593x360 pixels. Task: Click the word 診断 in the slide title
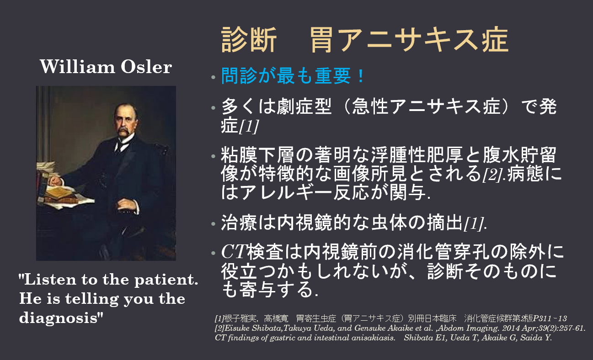click(249, 40)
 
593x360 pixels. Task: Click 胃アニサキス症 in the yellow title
click(409, 40)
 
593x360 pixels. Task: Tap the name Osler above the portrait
click(146, 67)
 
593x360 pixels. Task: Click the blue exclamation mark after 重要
click(361, 76)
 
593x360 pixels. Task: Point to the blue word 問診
click(239, 76)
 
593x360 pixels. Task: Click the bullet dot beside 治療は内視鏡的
click(214, 224)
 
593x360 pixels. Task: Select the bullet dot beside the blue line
click(214, 78)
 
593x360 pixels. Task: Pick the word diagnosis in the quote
click(59, 318)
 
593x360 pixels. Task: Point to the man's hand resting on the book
click(56, 181)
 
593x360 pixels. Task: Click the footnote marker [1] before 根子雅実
click(219, 318)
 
